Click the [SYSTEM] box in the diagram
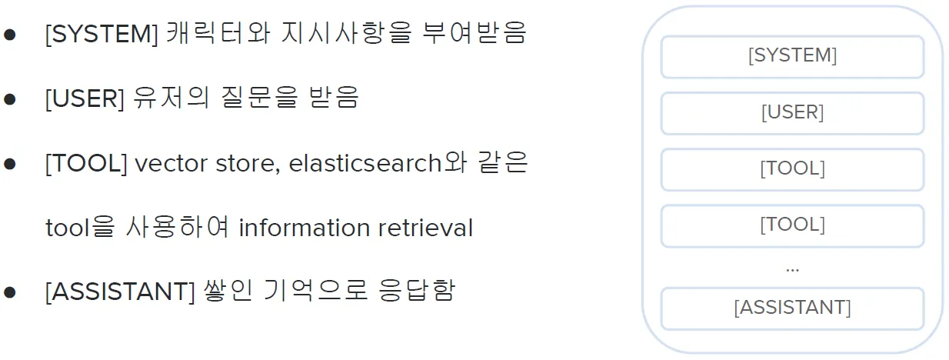pos(792,56)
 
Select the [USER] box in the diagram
pos(792,113)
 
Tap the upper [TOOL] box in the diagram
pos(792,169)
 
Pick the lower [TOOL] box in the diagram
pos(792,225)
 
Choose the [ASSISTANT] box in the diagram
pos(792,308)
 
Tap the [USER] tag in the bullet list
pos(85,99)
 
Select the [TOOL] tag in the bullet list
pos(86,164)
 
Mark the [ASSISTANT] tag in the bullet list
pos(120,292)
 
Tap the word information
pos(305,228)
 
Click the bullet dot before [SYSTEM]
pos(10,36)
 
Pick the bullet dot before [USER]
pos(10,100)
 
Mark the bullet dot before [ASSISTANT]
pos(10,293)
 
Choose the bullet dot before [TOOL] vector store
pos(10,165)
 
